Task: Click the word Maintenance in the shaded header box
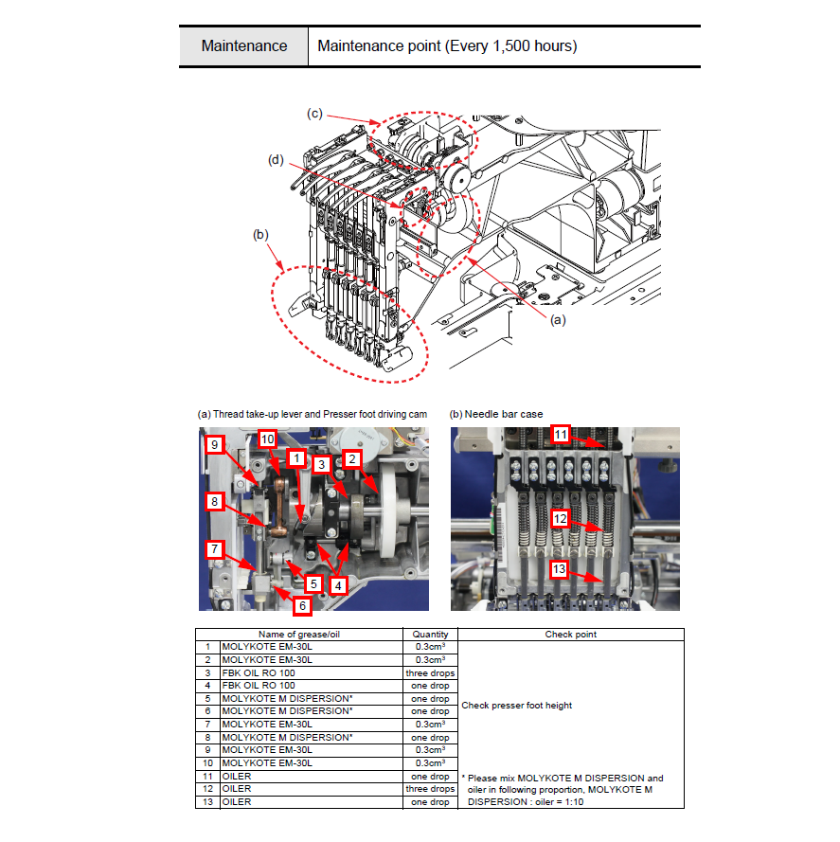(x=243, y=46)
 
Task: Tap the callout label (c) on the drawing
(x=314, y=114)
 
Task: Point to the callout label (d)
(x=276, y=159)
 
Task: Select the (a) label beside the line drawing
(x=558, y=320)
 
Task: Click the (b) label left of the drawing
(x=260, y=235)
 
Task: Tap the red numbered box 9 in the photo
(x=215, y=444)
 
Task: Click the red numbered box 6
(x=302, y=606)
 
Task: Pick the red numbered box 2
(x=352, y=459)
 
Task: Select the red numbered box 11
(x=561, y=435)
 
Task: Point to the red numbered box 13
(x=559, y=569)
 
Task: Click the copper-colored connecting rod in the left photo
(x=279, y=508)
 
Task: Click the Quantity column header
(x=430, y=635)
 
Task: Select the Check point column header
(x=570, y=635)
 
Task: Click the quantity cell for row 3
(x=430, y=672)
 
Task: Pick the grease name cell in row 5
(x=287, y=699)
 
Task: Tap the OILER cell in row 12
(x=237, y=789)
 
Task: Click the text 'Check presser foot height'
(x=517, y=705)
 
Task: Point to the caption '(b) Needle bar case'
(x=496, y=414)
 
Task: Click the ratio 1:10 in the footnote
(x=574, y=801)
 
